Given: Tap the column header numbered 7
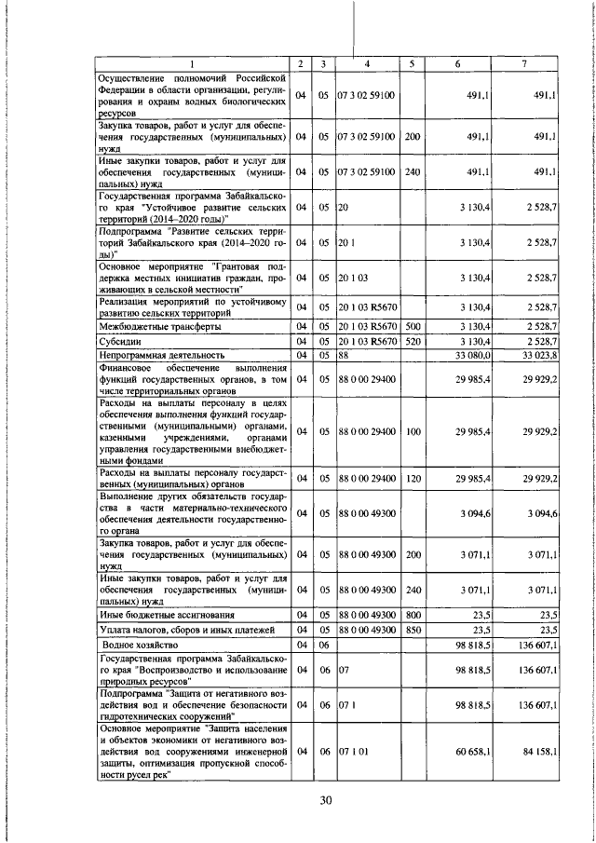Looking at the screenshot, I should coord(525,64).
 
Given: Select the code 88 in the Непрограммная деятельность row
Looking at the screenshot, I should coord(344,354).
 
